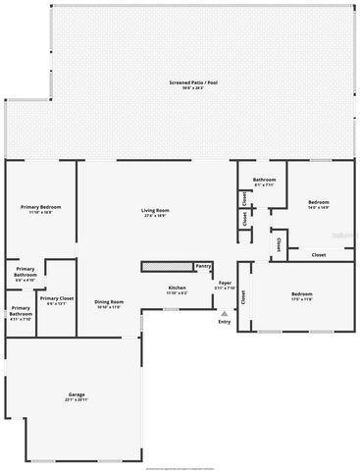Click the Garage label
[77, 393]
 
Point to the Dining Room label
[108, 301]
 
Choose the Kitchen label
[178, 288]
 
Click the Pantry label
[203, 265]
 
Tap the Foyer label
[225, 283]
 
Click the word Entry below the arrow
[225, 321]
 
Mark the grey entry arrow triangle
[225, 312]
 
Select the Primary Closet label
[56, 297]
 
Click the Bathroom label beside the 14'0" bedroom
[264, 180]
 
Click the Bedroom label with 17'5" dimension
[301, 293]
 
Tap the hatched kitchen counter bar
[167, 266]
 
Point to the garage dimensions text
[77, 399]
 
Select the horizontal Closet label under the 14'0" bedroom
[319, 255]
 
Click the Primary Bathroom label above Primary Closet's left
[25, 272]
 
